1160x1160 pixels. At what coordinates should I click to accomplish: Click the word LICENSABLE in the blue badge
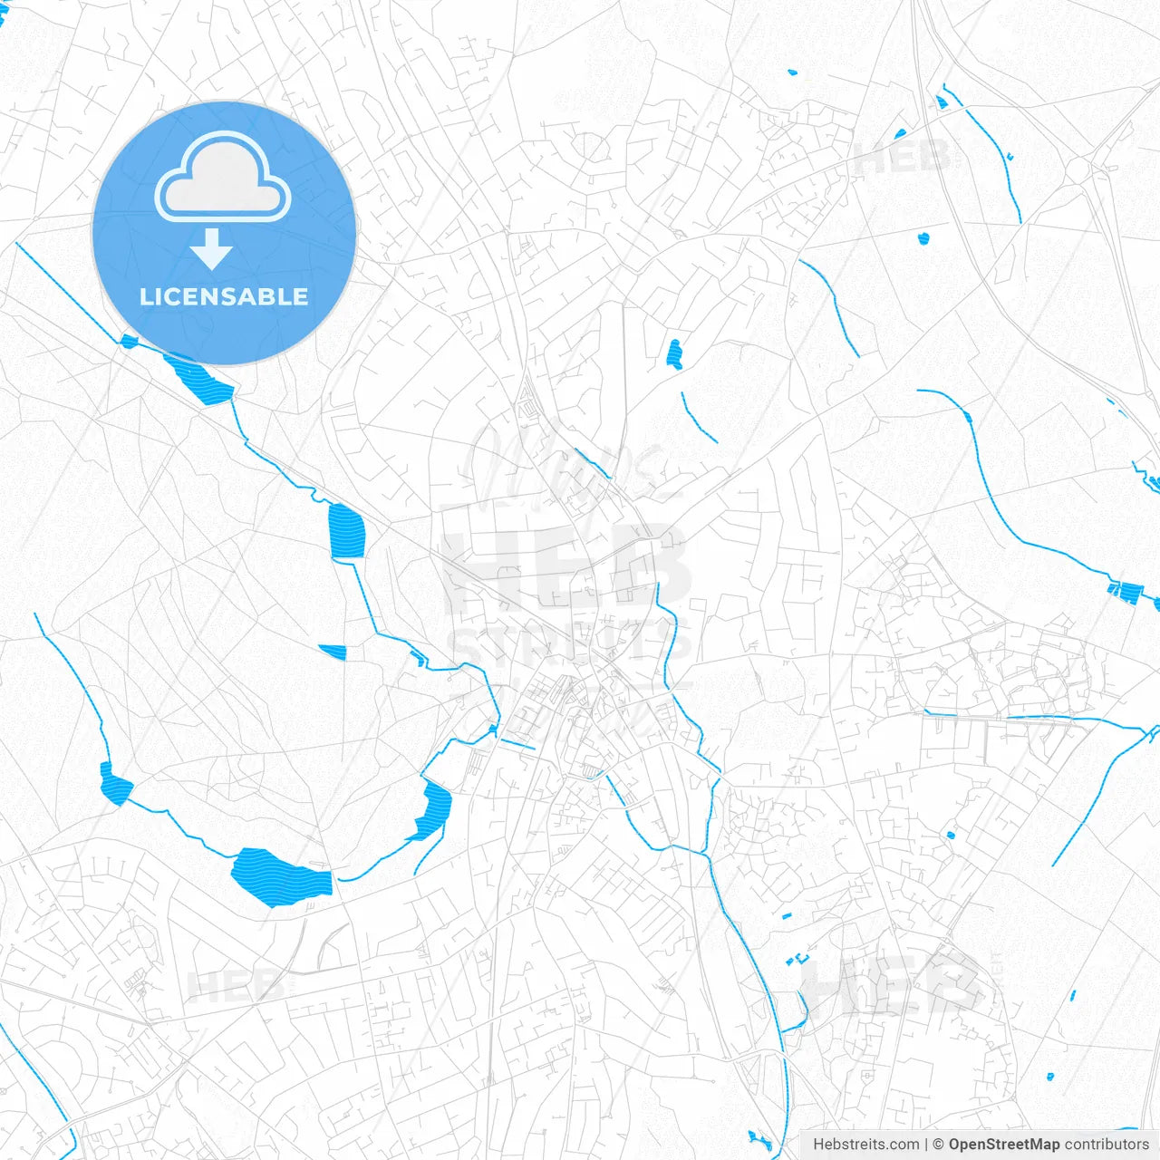click(224, 297)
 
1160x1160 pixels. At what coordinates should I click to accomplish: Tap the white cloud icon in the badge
click(223, 178)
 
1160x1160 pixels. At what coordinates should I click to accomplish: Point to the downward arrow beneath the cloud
click(212, 249)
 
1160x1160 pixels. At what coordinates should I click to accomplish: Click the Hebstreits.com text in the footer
click(865, 1145)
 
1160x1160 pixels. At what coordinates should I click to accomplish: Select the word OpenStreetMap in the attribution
click(1003, 1145)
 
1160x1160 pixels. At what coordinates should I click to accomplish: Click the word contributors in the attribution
click(1107, 1145)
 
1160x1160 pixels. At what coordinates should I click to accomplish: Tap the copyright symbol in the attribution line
click(939, 1145)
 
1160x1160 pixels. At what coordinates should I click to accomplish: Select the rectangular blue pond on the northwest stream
click(345, 531)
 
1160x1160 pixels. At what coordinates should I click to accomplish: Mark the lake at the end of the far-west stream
click(114, 785)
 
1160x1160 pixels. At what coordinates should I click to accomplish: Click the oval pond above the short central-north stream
click(673, 353)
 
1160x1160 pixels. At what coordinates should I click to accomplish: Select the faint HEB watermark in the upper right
click(902, 158)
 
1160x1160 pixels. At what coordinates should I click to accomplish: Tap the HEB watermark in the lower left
click(231, 986)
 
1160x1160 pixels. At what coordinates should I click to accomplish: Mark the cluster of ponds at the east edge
click(1126, 591)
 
